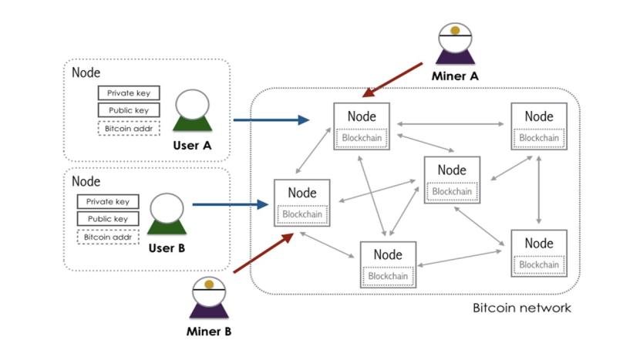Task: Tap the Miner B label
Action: pyautogui.click(x=208, y=332)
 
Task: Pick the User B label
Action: pyautogui.click(x=167, y=248)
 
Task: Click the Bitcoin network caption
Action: pyautogui.click(x=521, y=308)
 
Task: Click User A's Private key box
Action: pyautogui.click(x=129, y=93)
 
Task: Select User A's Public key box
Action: pyautogui.click(x=129, y=110)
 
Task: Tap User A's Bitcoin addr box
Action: pyautogui.click(x=129, y=128)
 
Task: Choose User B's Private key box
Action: pyautogui.click(x=107, y=202)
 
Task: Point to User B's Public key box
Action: pyautogui.click(x=107, y=219)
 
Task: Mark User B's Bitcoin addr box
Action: pyautogui.click(x=107, y=237)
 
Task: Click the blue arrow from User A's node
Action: pyautogui.click(x=271, y=119)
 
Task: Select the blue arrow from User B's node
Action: pyautogui.click(x=230, y=204)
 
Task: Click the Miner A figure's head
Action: pyautogui.click(x=456, y=38)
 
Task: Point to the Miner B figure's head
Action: pyautogui.click(x=208, y=291)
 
